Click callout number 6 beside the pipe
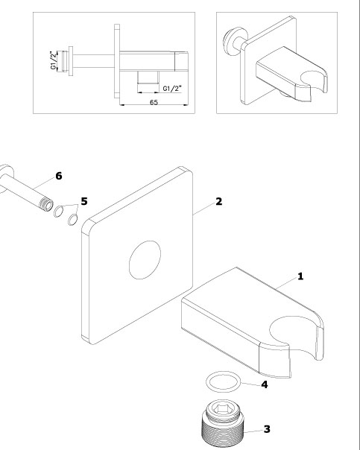59,176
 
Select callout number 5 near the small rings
83,201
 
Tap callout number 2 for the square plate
218,201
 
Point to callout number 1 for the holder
300,276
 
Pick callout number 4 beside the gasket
265,384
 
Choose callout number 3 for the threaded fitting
267,429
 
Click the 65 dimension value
154,103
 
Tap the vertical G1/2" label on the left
54,60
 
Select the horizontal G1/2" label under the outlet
172,89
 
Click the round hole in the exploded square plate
145,260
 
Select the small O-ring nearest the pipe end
59,212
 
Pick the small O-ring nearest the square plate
72,220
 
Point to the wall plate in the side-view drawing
117,61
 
